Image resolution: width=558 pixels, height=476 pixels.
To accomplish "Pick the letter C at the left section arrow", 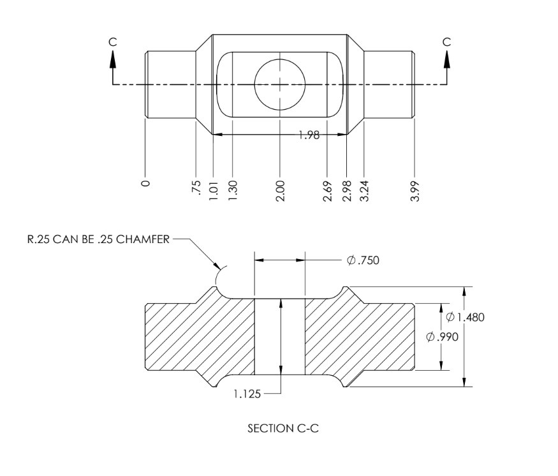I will click(113, 41).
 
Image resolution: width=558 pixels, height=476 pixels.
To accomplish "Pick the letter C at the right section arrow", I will click(446, 41).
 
